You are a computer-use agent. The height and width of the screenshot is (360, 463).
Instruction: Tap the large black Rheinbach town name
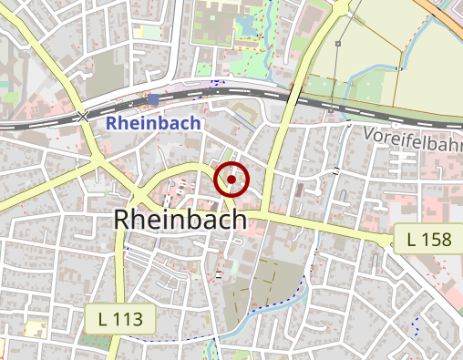[x=181, y=220]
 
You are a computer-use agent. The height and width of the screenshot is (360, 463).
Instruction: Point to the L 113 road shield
[x=120, y=319]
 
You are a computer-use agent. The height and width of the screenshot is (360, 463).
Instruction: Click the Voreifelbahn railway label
[x=412, y=139]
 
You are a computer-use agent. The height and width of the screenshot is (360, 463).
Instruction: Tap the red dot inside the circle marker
[x=232, y=180]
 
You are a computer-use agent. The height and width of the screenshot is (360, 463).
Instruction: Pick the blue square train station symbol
[x=152, y=99]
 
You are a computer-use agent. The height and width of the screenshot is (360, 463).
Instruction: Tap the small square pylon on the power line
[x=338, y=43]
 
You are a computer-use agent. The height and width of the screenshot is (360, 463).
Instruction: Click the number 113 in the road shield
[x=128, y=319]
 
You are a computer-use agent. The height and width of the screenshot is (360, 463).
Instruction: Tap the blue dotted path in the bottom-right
[x=415, y=323]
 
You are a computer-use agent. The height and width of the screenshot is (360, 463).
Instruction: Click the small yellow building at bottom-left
[x=36, y=328]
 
